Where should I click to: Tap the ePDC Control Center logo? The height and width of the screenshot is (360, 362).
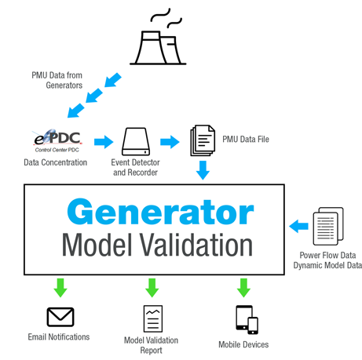point(57,140)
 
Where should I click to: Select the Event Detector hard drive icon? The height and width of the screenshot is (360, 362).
point(136,141)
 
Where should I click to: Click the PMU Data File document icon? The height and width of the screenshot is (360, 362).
point(203,140)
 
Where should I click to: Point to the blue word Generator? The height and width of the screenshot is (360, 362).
point(160,212)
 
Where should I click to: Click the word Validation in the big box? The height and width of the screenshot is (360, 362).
point(196,245)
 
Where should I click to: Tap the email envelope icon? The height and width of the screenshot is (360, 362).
point(60,317)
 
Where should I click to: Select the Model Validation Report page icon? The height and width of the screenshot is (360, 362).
point(153,318)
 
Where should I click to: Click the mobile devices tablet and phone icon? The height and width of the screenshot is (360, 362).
point(247,319)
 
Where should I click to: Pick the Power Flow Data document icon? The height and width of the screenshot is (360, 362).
point(328,226)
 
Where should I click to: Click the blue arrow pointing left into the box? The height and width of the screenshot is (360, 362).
point(298,226)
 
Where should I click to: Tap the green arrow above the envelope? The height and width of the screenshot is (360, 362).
point(60,288)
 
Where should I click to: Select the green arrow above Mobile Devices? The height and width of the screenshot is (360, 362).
point(243,288)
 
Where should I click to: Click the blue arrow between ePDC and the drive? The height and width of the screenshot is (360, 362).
point(104,142)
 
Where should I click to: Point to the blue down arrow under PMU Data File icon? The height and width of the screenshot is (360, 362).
point(203,170)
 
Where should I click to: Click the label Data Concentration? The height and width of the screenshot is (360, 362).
point(56,162)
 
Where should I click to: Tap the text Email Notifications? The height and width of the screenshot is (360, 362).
point(59,337)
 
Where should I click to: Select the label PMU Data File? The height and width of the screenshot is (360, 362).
point(246,139)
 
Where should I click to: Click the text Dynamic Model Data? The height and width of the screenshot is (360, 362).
point(327,265)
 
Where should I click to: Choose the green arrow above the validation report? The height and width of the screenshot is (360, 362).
point(152,288)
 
